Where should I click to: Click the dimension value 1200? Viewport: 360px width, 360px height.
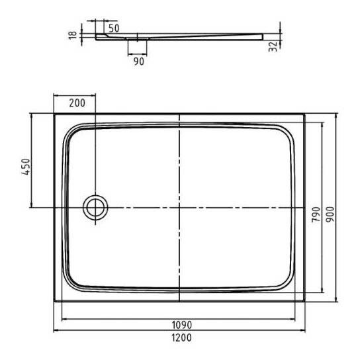pos(181,337)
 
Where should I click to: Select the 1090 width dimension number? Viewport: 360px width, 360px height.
pos(181,325)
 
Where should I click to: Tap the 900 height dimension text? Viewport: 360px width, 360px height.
pos(330,214)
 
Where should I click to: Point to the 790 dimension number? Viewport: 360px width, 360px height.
pos(316,214)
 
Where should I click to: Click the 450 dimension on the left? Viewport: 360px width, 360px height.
pos(26,167)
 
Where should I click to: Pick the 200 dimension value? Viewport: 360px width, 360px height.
pos(77,103)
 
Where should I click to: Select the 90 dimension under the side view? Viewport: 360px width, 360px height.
pos(139,62)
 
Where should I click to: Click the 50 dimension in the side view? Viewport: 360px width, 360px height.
pos(114,28)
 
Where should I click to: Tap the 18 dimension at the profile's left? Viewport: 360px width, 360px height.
pos(73,35)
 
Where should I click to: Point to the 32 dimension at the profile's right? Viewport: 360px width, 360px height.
pos(273,46)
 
